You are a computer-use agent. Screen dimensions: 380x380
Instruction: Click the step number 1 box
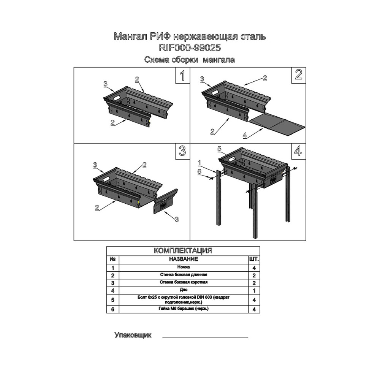click(x=182, y=75)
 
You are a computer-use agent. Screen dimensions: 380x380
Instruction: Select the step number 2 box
click(x=298, y=75)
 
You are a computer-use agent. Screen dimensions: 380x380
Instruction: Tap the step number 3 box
click(x=182, y=151)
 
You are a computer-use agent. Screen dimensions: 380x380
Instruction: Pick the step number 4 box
click(x=298, y=151)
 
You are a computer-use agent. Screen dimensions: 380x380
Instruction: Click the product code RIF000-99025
click(x=190, y=48)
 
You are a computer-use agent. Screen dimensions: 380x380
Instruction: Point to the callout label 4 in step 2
click(x=245, y=135)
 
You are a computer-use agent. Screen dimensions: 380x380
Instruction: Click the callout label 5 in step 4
click(x=219, y=149)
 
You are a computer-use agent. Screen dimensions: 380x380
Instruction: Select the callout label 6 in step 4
click(x=199, y=172)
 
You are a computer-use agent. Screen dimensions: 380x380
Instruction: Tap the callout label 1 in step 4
click(x=199, y=162)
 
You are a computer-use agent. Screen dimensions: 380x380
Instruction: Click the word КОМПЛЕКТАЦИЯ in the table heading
click(x=183, y=250)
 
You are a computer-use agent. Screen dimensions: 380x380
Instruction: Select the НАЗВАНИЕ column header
click(x=184, y=259)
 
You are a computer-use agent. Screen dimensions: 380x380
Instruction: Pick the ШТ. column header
click(x=254, y=259)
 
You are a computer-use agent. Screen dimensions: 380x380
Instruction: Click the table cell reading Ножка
click(x=184, y=267)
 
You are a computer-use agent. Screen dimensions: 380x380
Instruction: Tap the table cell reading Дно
click(x=184, y=290)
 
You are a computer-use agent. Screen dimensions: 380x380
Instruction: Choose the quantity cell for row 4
click(x=254, y=291)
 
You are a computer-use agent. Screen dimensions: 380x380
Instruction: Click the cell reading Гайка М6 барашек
click(x=184, y=309)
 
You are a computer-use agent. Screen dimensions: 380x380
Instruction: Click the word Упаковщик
click(x=133, y=335)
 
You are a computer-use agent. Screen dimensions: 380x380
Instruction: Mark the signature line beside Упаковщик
click(x=205, y=337)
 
